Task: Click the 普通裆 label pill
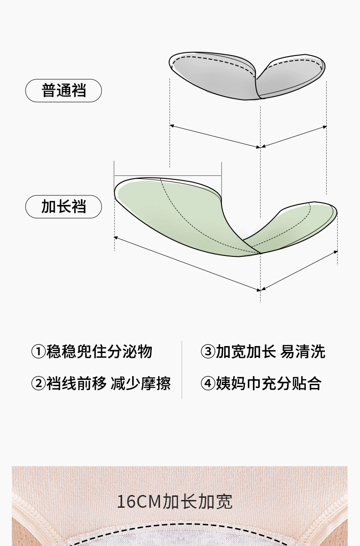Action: point(63,91)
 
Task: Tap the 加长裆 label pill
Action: point(63,207)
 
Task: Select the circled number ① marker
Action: point(38,352)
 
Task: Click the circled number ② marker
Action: point(38,384)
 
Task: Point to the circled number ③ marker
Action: point(208,352)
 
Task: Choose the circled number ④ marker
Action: point(208,384)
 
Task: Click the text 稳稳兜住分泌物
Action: point(99,352)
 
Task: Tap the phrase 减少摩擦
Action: point(141,384)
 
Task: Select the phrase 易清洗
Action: point(303,352)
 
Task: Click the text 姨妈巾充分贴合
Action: point(268,384)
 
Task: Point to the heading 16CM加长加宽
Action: point(175,502)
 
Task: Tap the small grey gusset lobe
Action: point(292,75)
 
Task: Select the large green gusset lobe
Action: point(182,214)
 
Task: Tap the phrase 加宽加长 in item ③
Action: point(246,352)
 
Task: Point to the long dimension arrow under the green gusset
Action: point(187,264)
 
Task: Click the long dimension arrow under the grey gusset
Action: point(215,136)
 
